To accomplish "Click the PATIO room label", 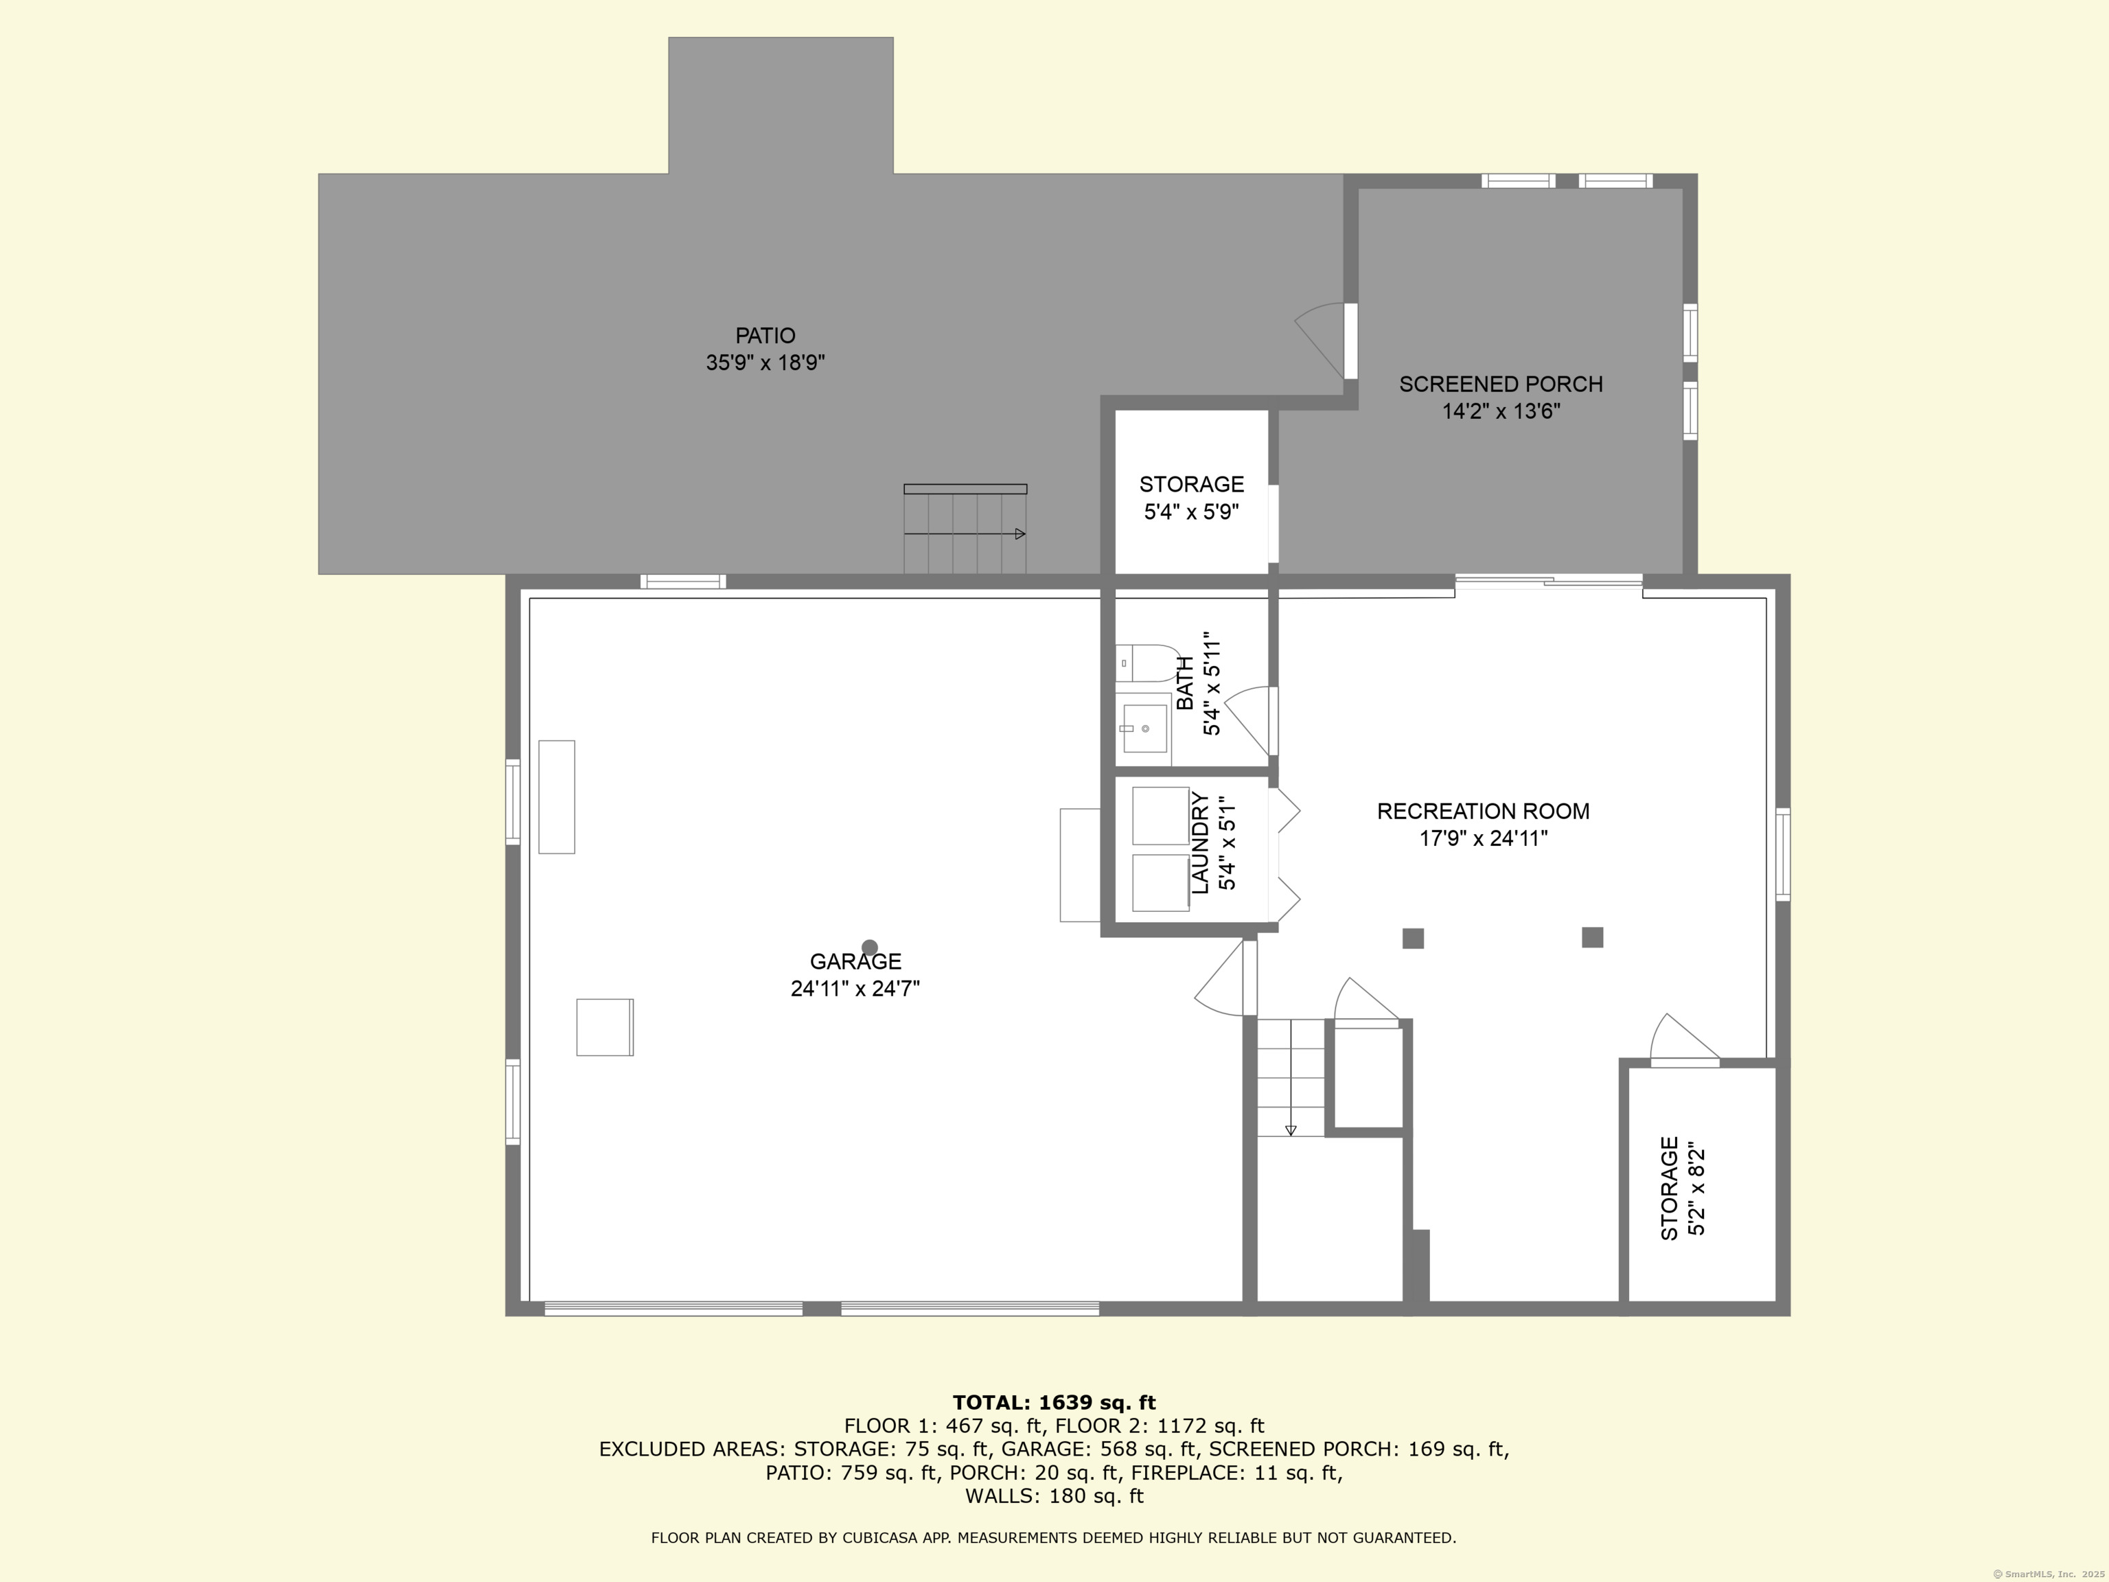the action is [x=765, y=336].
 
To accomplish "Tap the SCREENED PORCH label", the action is [x=1501, y=385].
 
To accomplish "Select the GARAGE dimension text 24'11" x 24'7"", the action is [x=855, y=989].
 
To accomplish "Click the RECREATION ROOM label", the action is [x=1483, y=812].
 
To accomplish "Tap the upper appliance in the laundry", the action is [x=1160, y=815].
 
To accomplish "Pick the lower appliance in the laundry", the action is [x=1160, y=882].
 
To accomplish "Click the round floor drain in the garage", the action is [x=870, y=948].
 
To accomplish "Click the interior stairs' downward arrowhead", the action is [x=1291, y=1131].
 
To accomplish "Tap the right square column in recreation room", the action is [x=1592, y=937].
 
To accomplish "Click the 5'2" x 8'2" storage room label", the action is [x=1683, y=1188].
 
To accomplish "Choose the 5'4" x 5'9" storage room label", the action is [x=1192, y=498].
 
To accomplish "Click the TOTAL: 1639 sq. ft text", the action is [x=1054, y=1403].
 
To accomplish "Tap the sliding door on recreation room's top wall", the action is [x=1548, y=581].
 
